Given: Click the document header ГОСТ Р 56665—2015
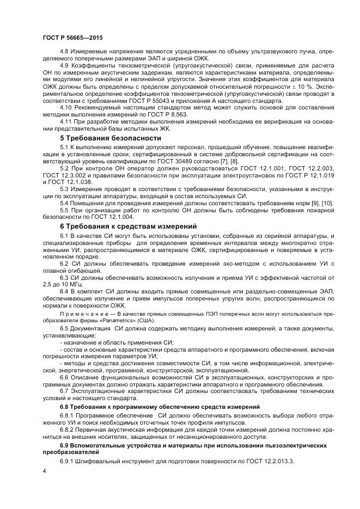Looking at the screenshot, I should click(72, 38).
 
